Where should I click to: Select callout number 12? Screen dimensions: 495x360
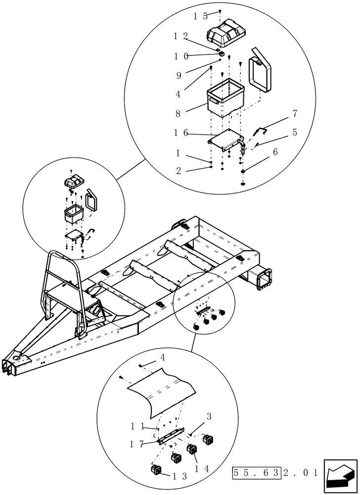pyautogui.click(x=180, y=36)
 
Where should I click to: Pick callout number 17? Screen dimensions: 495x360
pyautogui.click(x=137, y=444)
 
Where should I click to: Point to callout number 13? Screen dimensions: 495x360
pyautogui.click(x=179, y=477)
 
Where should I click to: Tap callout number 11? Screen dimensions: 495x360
pyautogui.click(x=137, y=426)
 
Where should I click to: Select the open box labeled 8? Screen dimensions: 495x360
pyautogui.click(x=225, y=97)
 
